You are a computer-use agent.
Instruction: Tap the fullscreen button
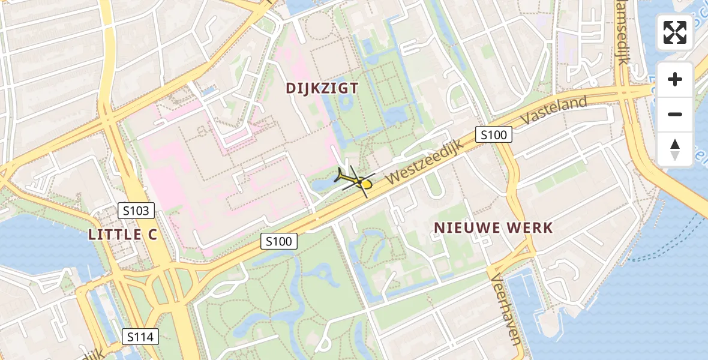point(675,32)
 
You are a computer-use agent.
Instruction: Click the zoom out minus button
point(675,114)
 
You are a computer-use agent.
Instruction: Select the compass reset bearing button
point(675,149)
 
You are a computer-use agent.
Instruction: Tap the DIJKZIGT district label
point(322,89)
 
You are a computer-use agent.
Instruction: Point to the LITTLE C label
point(123,235)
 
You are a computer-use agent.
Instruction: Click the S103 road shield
point(136,211)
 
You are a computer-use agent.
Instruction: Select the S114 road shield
point(140,337)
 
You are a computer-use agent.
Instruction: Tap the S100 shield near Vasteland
point(494,135)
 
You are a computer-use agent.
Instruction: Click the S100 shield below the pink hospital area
point(279,242)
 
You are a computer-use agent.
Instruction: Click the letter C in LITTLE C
point(152,235)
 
